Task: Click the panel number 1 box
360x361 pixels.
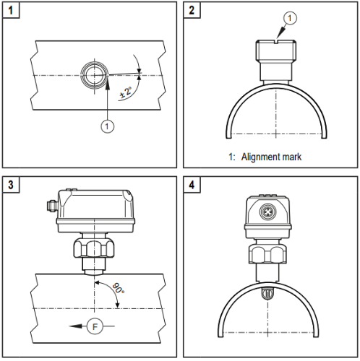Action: (11, 11)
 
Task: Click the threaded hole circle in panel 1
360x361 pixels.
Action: (92, 74)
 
